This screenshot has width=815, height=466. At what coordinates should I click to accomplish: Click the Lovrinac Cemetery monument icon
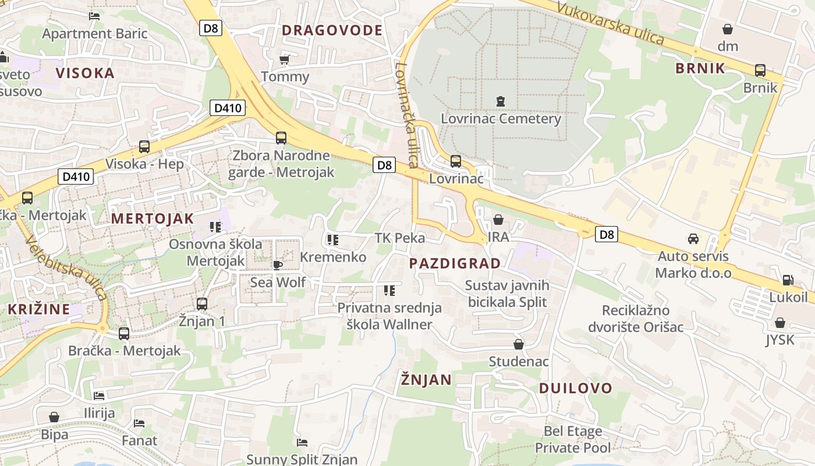tap(500, 101)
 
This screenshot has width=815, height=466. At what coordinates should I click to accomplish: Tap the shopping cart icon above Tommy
tap(285, 59)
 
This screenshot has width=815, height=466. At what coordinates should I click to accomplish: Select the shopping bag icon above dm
tap(727, 29)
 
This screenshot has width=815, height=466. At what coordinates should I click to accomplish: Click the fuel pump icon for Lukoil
tap(788, 280)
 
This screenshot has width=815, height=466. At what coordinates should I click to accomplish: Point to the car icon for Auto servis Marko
tap(693, 239)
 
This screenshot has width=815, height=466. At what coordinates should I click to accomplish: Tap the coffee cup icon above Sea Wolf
tap(278, 265)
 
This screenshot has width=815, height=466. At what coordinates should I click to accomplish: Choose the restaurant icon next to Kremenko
tap(332, 239)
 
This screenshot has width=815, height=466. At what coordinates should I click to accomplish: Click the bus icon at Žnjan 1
tap(201, 303)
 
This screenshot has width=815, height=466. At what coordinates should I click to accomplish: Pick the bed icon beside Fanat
tap(139, 423)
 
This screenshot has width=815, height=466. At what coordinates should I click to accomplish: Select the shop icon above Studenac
tap(518, 344)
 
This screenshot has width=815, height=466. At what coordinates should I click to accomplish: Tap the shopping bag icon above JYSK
tap(780, 323)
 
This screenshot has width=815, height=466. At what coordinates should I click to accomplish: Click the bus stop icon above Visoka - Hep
tap(144, 147)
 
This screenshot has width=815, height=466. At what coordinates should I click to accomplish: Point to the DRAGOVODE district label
tap(332, 30)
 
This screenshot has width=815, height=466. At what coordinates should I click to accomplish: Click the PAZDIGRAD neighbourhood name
tap(455, 263)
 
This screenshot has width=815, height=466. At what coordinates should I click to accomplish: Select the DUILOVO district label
tap(575, 388)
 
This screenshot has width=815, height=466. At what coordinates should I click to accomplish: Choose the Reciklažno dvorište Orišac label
tap(636, 318)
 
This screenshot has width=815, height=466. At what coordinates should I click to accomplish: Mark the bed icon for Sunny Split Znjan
tap(302, 443)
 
